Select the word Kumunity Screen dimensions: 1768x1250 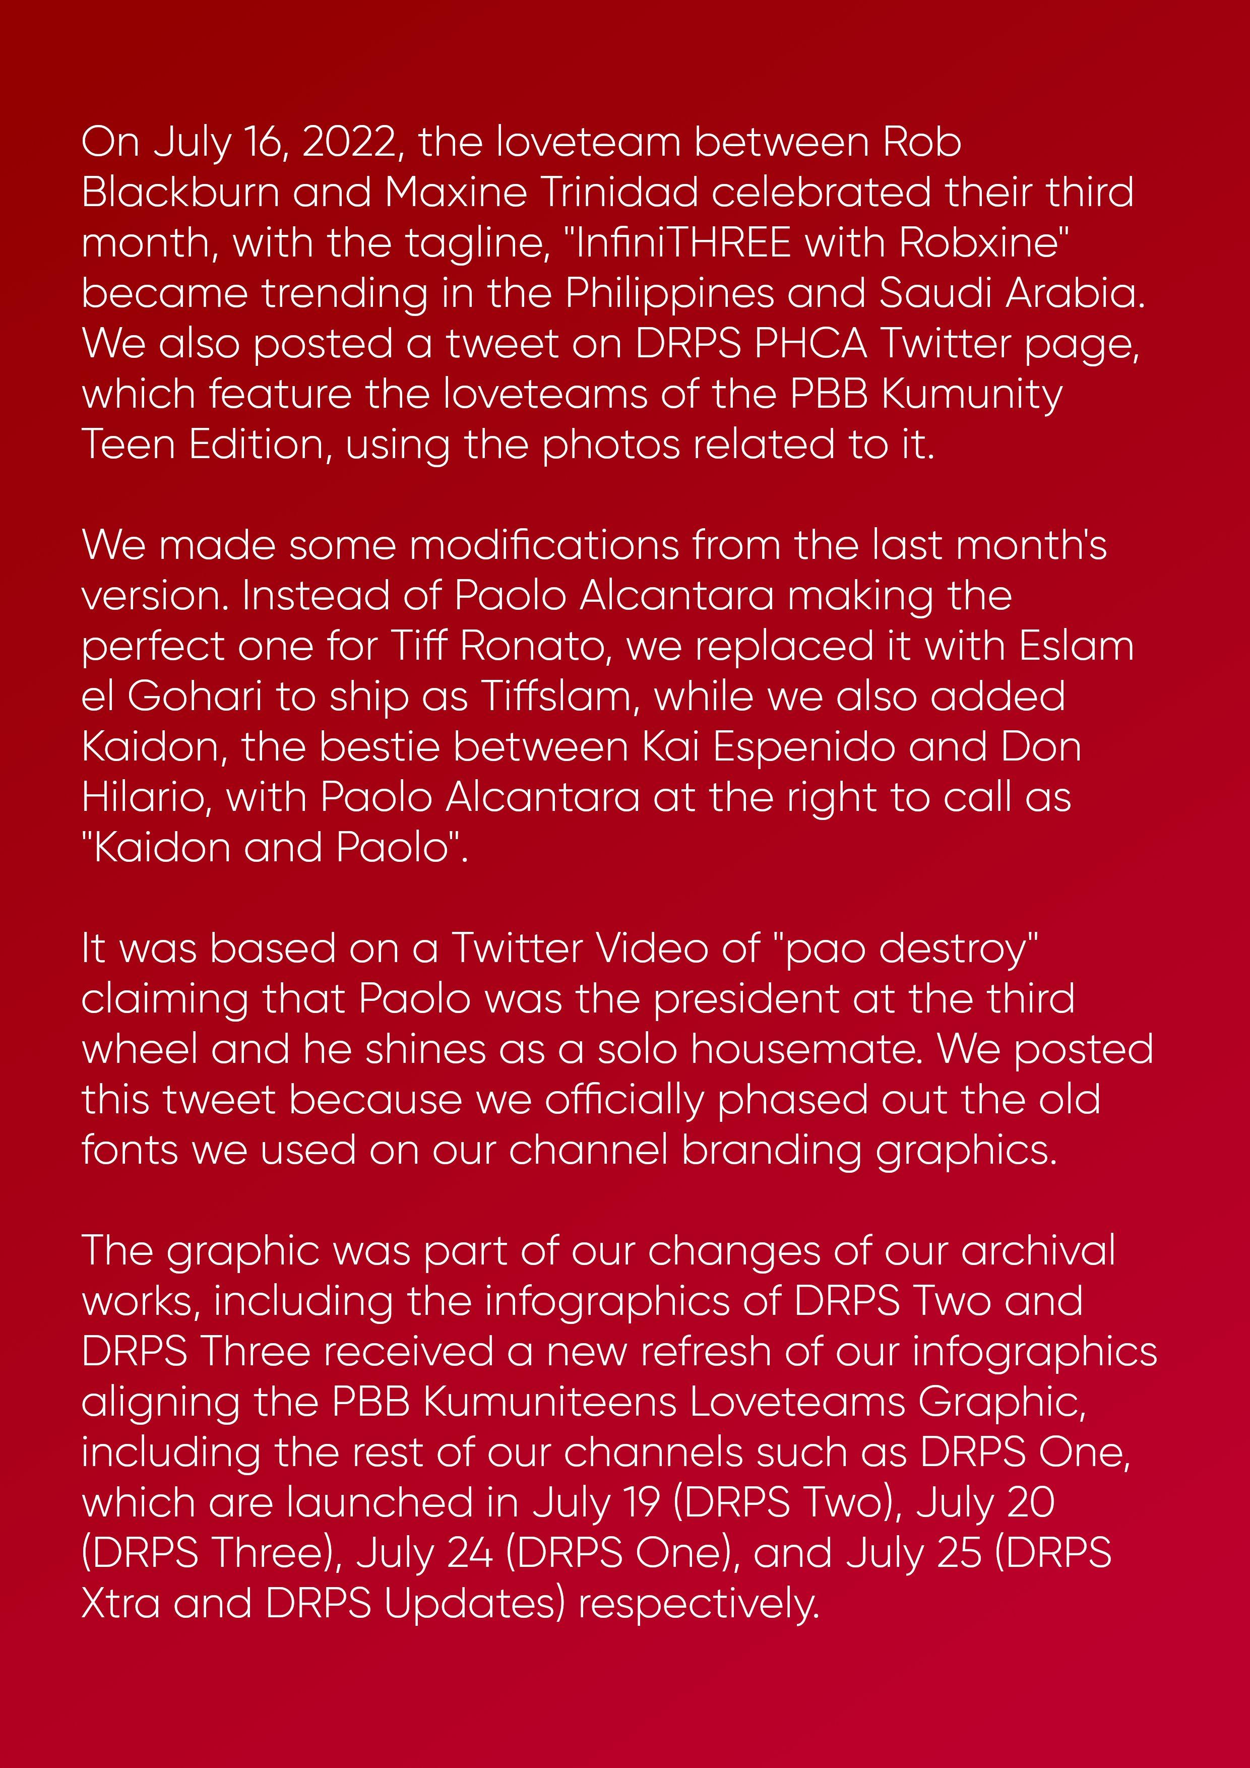pos(971,395)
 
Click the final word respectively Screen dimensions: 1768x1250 pos(699,1603)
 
